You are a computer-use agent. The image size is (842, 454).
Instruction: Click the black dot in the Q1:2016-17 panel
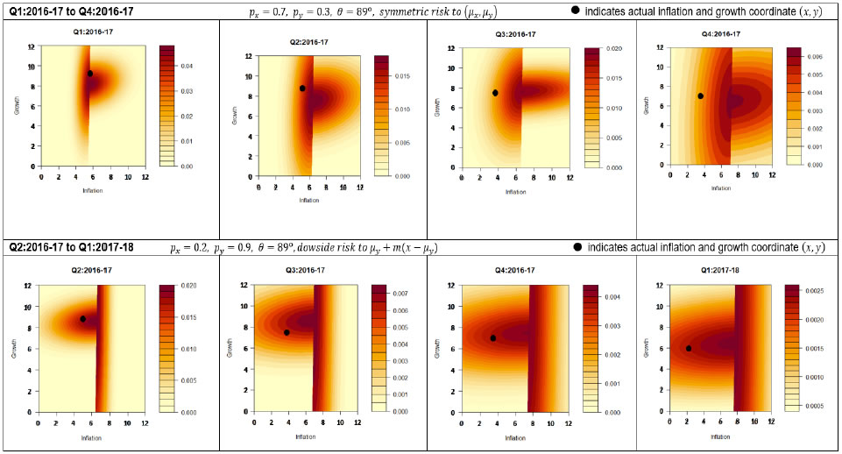[89, 74]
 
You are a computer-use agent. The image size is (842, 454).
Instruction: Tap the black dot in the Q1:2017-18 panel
[689, 348]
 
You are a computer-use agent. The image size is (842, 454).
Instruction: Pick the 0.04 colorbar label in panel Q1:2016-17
[193, 67]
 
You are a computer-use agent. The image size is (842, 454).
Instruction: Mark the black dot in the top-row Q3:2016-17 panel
[495, 93]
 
